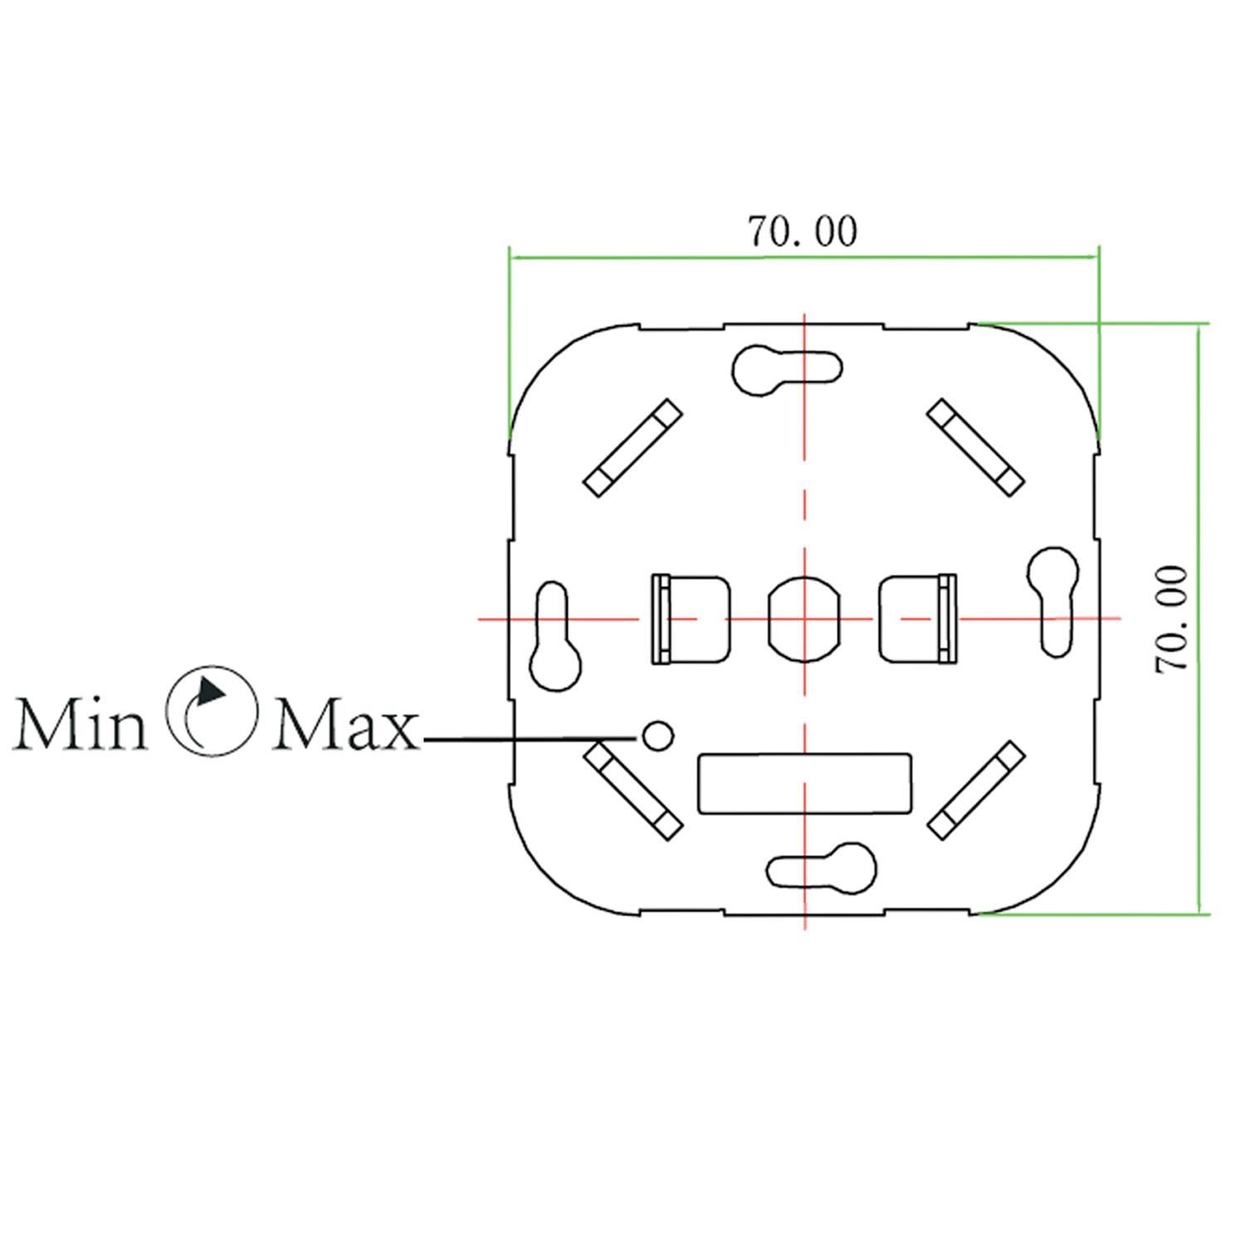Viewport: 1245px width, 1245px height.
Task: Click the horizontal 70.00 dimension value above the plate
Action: (803, 232)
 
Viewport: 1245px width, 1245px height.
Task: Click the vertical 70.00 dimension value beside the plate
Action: (1172, 618)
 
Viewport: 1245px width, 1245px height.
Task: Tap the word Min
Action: (80, 725)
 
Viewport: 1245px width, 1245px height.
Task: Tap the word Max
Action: (345, 725)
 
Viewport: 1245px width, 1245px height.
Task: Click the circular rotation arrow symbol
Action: (211, 710)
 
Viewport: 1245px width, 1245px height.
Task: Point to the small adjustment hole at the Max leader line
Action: (658, 735)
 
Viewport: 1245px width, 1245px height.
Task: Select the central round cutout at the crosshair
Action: (803, 619)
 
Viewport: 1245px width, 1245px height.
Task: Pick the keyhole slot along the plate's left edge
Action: (554, 637)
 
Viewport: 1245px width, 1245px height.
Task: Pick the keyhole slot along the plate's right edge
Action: (1054, 600)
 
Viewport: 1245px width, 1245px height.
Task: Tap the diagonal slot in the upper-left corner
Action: (633, 448)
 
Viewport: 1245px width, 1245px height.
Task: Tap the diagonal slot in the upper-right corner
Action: (975, 448)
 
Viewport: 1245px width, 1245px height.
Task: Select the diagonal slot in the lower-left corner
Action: (633, 790)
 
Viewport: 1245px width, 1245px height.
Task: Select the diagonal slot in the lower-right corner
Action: (976, 790)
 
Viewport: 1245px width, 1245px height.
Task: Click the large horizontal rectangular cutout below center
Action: (804, 784)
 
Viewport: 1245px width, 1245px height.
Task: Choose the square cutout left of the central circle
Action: (691, 619)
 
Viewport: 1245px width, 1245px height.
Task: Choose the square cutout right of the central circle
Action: (917, 619)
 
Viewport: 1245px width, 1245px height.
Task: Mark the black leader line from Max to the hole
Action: (531, 738)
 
